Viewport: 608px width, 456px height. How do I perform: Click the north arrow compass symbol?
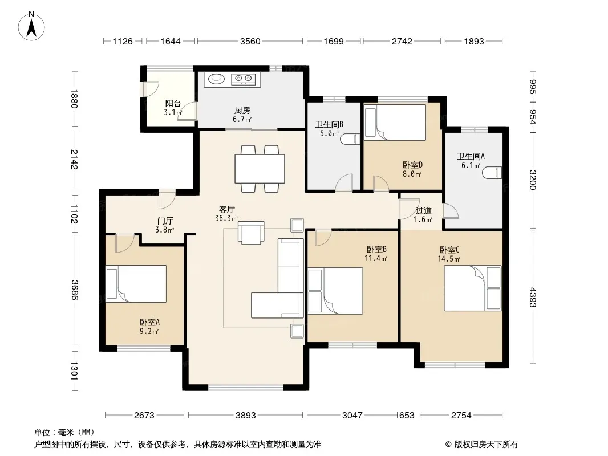point(31,26)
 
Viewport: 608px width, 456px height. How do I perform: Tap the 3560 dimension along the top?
point(250,41)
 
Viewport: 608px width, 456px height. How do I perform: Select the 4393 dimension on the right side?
point(533,297)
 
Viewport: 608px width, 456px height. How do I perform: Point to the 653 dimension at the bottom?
point(407,416)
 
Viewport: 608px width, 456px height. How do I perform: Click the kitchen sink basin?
point(216,79)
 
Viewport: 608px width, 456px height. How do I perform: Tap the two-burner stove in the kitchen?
point(243,79)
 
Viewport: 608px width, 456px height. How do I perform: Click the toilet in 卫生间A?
point(492,173)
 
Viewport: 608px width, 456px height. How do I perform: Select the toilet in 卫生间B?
point(351,139)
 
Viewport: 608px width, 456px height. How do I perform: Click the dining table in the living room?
point(260,169)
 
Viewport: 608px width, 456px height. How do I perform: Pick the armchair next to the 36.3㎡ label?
point(252,233)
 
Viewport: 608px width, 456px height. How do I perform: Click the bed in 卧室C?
point(473,288)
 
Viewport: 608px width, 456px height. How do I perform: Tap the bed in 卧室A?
point(136,284)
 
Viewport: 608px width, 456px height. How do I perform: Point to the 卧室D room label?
point(412,165)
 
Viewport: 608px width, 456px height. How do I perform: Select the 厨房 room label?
point(242,111)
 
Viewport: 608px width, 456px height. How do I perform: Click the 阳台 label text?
point(173,103)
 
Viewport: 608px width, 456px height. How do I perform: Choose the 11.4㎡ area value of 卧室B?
point(376,258)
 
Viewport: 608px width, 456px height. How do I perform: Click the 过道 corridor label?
point(423,211)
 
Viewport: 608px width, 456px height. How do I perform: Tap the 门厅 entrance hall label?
point(165,221)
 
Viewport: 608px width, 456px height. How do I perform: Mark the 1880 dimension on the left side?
point(75,99)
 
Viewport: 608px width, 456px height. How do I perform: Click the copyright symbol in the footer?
point(448,445)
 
